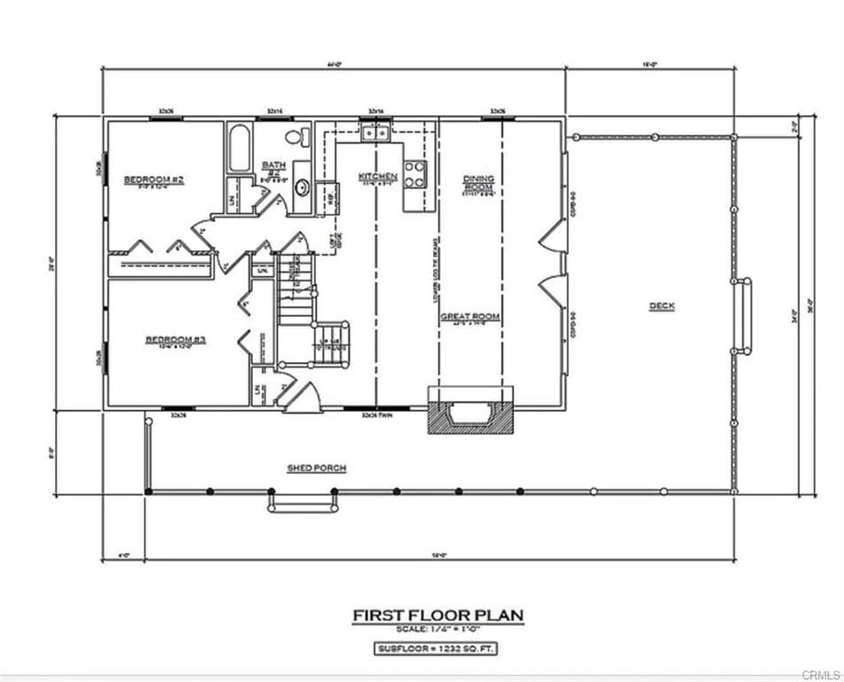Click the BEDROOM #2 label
(154, 180)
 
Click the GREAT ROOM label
(470, 317)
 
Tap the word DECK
(661, 306)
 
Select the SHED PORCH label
(316, 468)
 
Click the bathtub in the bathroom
(239, 150)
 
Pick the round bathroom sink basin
(302, 187)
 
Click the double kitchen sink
(377, 133)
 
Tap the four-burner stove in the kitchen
(414, 174)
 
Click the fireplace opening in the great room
(469, 413)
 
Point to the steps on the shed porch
(304, 503)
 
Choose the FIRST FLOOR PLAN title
(438, 615)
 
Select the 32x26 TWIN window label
(379, 415)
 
